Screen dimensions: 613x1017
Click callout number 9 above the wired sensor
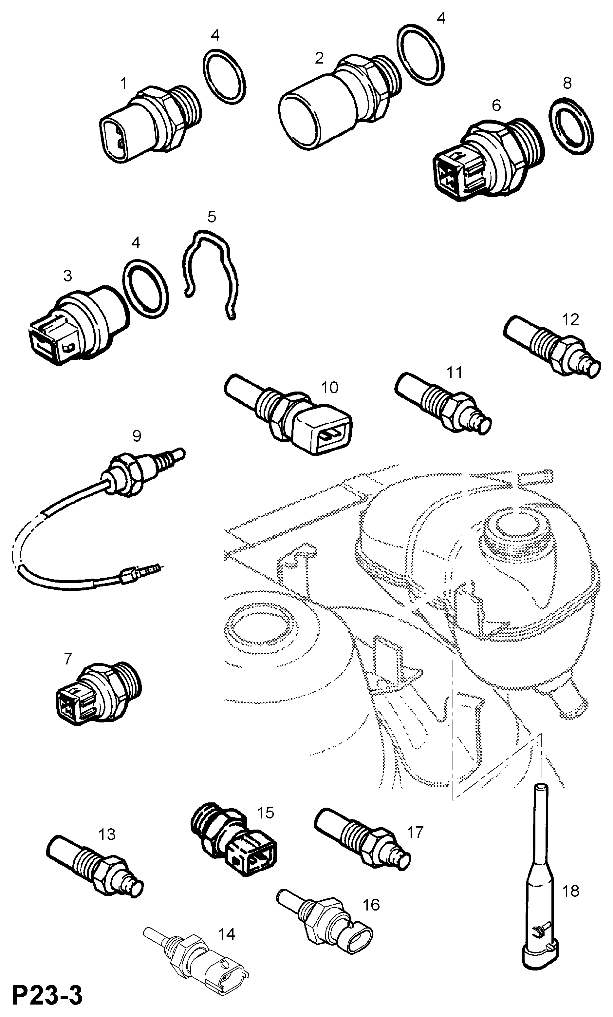click(x=136, y=436)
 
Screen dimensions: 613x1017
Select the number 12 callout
click(x=570, y=319)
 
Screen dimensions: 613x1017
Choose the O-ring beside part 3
click(x=145, y=289)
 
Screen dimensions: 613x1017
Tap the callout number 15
click(x=265, y=813)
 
